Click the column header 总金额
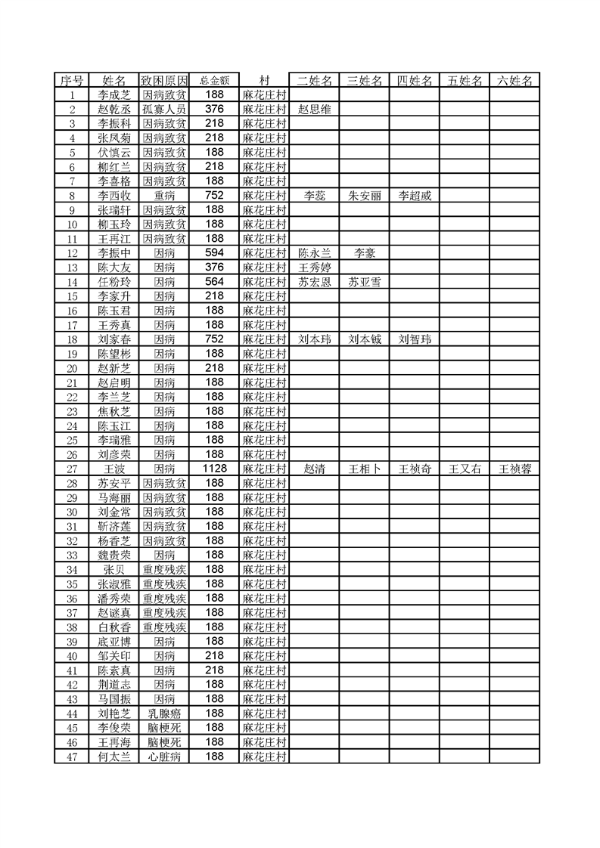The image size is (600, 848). tap(214, 81)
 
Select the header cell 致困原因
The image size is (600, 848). tap(164, 81)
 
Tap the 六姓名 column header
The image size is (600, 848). tap(515, 81)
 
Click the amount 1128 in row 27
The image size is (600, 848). tap(214, 469)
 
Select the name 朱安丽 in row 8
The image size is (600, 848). tap(364, 196)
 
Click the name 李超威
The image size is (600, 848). tap(414, 196)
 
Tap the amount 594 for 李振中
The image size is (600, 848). tap(214, 253)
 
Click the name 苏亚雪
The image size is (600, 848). tap(364, 282)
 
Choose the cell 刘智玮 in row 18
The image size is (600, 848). tap(414, 339)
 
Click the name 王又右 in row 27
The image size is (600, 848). tap(465, 469)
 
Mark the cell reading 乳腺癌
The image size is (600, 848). tap(164, 713)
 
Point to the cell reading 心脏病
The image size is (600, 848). tap(164, 756)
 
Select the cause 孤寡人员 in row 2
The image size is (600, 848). tap(164, 110)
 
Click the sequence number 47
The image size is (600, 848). tap(72, 756)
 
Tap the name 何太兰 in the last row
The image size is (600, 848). tap(114, 756)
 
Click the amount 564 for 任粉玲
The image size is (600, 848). tap(214, 282)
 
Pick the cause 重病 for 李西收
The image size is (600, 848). tap(164, 196)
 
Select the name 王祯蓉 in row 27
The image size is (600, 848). tap(515, 469)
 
